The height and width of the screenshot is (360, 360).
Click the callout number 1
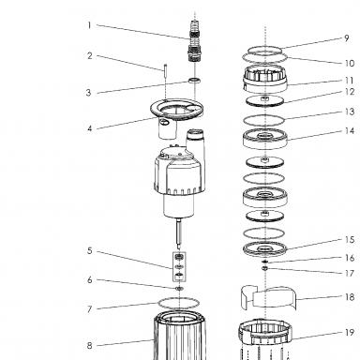coord(89,25)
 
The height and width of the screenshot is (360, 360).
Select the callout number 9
coord(346,38)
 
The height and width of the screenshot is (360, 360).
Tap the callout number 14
coord(350,130)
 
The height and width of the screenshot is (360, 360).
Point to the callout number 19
coord(350,333)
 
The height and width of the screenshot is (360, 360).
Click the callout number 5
coord(90,250)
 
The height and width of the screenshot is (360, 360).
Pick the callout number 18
coord(350,297)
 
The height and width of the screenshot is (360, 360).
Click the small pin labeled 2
coord(165,72)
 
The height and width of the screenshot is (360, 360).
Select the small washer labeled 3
coord(194,81)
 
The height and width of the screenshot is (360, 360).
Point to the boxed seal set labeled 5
coord(179,266)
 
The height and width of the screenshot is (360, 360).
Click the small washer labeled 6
coord(179,288)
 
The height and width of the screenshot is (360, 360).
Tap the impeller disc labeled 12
coord(265,101)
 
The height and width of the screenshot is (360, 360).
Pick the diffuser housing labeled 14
coord(265,143)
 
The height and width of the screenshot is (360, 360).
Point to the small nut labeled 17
coord(265,268)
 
